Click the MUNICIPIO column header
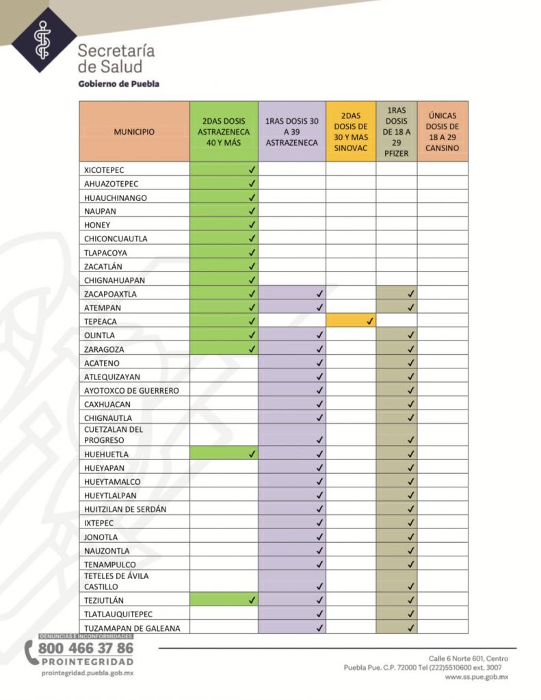[134, 131]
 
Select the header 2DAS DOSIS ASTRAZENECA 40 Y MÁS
[224, 131]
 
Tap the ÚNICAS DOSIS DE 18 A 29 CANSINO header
[443, 131]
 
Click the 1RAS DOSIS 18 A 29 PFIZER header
[397, 131]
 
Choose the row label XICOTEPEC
[105, 170]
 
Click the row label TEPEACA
[100, 321]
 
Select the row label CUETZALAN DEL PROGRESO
[114, 435]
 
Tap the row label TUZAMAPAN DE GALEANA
[126, 628]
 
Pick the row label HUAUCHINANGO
[116, 198]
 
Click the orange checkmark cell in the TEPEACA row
[351, 321]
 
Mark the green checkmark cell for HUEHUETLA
[224, 453]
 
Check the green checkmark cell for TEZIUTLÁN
[224, 600]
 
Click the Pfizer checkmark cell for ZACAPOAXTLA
[397, 293]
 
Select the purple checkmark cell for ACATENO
[292, 362]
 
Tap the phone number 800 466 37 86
[85, 648]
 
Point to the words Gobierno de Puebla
[119, 84]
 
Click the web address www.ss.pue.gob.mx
[477, 677]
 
